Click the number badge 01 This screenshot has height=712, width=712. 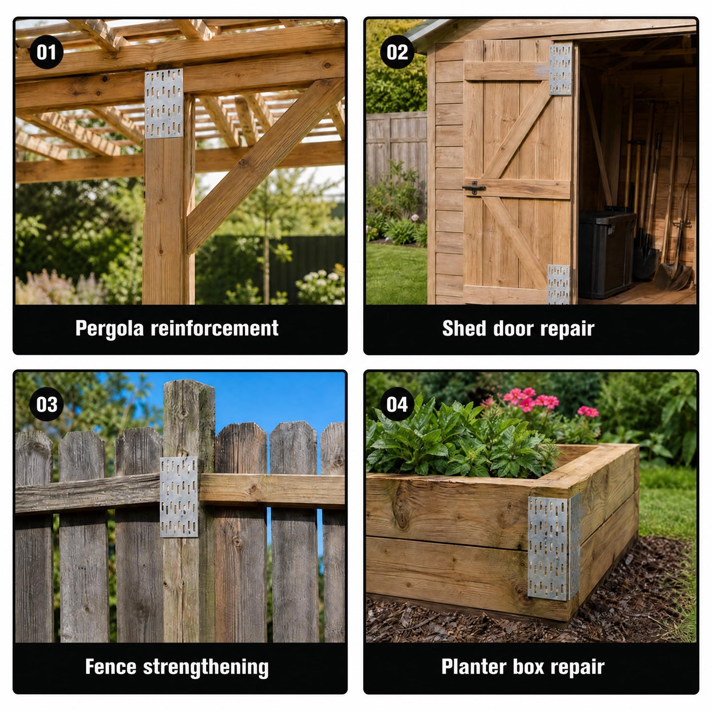(46, 52)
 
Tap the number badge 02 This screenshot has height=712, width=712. (397, 52)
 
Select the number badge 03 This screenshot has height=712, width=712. (46, 404)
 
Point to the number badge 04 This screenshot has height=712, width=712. (397, 404)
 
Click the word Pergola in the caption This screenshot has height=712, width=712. (109, 329)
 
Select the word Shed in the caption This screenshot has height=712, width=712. (464, 328)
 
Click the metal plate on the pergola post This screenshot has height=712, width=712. (164, 103)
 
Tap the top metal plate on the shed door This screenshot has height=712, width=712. (560, 69)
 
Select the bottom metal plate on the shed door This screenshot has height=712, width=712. (558, 284)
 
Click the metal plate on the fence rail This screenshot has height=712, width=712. (179, 497)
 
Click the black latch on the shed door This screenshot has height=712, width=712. (474, 188)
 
